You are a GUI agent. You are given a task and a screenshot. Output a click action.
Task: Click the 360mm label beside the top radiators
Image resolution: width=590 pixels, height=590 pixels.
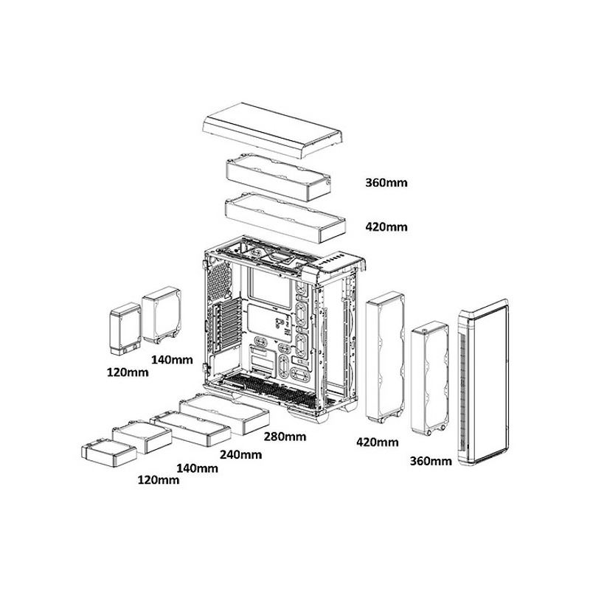[386, 183]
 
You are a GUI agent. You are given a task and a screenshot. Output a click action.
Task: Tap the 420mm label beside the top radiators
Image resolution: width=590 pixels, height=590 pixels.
[386, 227]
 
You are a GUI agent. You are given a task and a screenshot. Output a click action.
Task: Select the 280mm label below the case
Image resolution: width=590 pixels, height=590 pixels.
[285, 437]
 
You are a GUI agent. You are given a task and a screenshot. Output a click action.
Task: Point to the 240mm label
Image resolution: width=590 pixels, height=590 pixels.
[241, 454]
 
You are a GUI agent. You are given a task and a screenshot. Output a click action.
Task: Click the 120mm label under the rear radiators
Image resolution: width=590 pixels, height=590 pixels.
[128, 372]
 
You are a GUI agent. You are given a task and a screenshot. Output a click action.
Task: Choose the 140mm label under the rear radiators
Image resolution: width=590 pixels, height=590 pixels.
[172, 360]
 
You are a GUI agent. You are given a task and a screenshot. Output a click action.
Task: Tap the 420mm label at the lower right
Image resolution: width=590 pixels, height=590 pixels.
[378, 442]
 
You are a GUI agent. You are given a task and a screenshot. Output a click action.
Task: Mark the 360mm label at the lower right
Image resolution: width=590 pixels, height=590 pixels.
[431, 461]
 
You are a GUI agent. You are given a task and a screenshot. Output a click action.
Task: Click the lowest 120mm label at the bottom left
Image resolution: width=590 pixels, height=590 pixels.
[159, 480]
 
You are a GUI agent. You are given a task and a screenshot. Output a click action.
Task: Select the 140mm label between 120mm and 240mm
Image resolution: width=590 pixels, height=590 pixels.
[197, 468]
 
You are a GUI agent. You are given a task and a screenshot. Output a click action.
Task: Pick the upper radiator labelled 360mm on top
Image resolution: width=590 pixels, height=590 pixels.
[279, 176]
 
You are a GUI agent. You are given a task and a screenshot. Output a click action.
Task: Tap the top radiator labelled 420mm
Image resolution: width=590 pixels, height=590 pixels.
[285, 218]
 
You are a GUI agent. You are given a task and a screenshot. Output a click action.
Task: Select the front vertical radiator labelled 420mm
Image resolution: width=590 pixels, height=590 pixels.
[385, 358]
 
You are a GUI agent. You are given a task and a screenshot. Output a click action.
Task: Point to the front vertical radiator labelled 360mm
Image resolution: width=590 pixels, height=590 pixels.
[430, 378]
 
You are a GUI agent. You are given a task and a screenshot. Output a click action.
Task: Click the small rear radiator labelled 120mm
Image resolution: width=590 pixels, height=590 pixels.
[125, 328]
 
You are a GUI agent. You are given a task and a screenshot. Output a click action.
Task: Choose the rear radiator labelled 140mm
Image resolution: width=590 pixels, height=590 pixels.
[162, 315]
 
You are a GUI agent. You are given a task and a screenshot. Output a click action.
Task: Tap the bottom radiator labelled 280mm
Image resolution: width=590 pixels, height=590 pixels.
[225, 413]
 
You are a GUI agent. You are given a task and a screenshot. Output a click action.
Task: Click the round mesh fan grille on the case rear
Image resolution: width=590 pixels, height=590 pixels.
[219, 281]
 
